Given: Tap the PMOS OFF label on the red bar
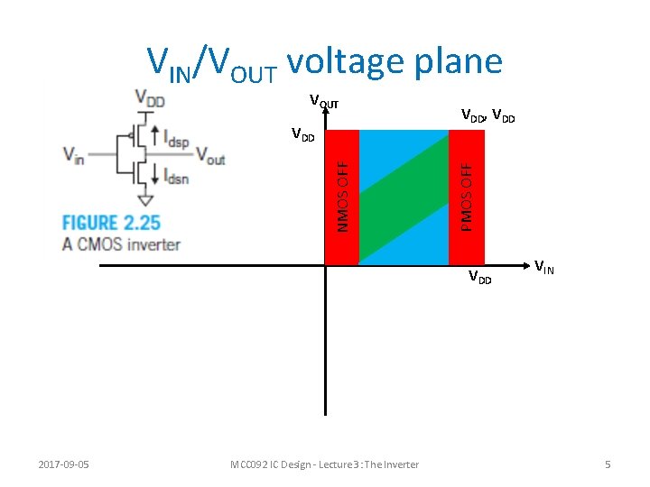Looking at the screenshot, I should [x=466, y=197].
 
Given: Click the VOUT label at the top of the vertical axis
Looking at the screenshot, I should [x=324, y=102].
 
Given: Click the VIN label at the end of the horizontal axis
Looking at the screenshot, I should [x=544, y=267].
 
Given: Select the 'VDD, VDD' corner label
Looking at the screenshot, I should [x=487, y=115].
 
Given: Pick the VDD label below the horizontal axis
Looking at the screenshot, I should [x=479, y=278].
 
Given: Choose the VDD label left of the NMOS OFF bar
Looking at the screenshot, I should [x=302, y=136].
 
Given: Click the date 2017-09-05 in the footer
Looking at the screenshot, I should [x=70, y=464].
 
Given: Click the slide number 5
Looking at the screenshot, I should [x=608, y=464].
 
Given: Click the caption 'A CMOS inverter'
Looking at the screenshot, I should [x=121, y=243].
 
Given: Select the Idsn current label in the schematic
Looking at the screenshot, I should [x=176, y=178].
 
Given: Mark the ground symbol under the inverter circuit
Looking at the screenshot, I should [x=144, y=199].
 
